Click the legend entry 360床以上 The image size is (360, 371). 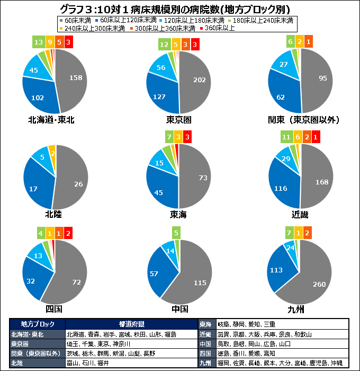pos(217,28)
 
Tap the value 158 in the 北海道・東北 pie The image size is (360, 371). pos(76,77)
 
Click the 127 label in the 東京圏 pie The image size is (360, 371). pos(160,96)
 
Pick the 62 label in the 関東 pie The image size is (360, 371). pos(282,96)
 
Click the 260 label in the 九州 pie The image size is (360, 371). pos(319,285)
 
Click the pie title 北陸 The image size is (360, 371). pos(55,214)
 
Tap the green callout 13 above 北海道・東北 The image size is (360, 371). pos(38,41)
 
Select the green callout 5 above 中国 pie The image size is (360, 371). pos(177,232)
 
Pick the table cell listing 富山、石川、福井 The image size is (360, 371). pos(87,363)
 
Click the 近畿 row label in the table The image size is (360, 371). pos(205,334)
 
